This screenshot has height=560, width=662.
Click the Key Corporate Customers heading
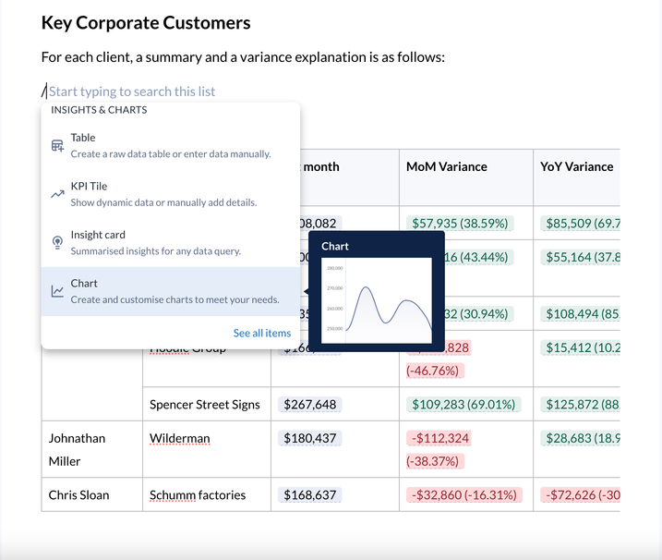(146, 23)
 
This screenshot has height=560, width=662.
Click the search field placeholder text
(132, 91)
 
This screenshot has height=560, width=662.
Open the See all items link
(261, 333)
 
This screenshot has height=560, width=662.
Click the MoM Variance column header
(447, 166)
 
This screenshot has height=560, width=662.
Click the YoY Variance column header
(577, 166)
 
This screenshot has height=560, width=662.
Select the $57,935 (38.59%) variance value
(459, 223)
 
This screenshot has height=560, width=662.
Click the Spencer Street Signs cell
(205, 404)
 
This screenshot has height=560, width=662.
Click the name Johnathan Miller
(78, 449)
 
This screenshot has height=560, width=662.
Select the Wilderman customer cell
(180, 438)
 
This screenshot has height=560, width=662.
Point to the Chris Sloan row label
(78, 494)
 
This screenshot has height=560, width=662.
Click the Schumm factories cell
(198, 494)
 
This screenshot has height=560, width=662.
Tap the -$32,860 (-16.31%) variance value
(462, 494)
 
